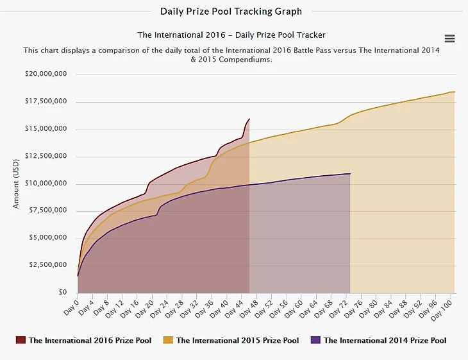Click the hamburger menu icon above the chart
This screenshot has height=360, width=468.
click(449, 39)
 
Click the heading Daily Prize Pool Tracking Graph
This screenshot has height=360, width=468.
click(231, 11)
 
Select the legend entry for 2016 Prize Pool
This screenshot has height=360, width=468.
click(90, 340)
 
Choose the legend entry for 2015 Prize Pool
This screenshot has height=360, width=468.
click(237, 340)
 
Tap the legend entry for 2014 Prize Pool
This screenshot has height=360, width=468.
click(385, 340)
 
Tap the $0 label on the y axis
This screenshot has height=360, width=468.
click(62, 293)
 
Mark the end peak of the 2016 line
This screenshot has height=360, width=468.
click(249, 119)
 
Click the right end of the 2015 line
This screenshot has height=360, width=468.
click(455, 92)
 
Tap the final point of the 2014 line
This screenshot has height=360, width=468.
click(350, 174)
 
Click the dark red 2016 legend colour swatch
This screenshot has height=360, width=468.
click(21, 340)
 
